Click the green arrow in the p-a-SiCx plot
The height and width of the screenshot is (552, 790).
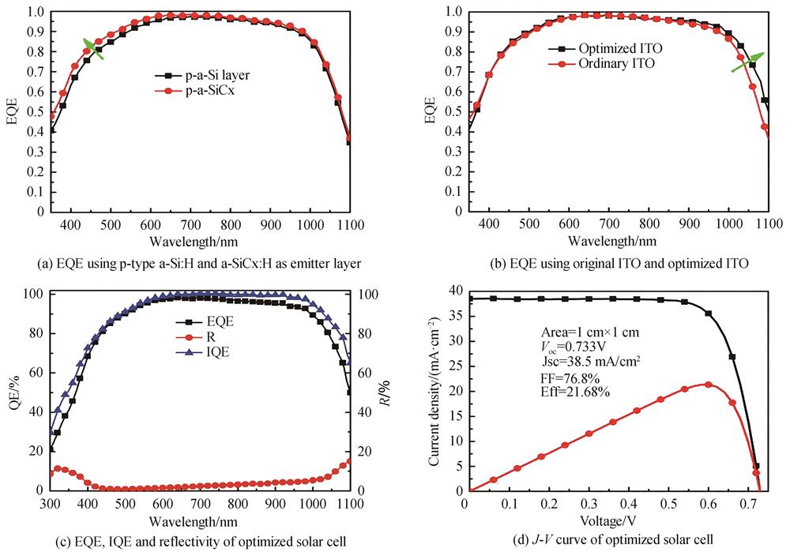pyautogui.click(x=93, y=48)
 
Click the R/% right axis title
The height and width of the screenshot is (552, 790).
pyautogui.click(x=386, y=389)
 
